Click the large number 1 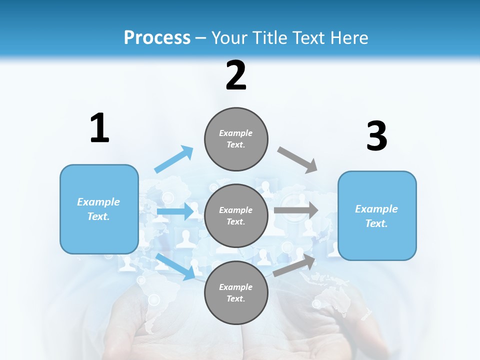click(99, 128)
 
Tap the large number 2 click(236, 75)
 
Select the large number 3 click(376, 136)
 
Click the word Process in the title click(157, 37)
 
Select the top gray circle click(236, 139)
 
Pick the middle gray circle click(236, 215)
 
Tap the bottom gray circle click(236, 292)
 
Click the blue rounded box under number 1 click(99, 209)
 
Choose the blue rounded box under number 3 click(377, 215)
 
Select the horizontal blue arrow click(175, 211)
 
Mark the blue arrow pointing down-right click(175, 266)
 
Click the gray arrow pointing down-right click(297, 159)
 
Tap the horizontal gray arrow click(296, 210)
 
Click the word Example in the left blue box click(98, 202)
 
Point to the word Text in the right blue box click(376, 223)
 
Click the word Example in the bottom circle click(236, 287)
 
